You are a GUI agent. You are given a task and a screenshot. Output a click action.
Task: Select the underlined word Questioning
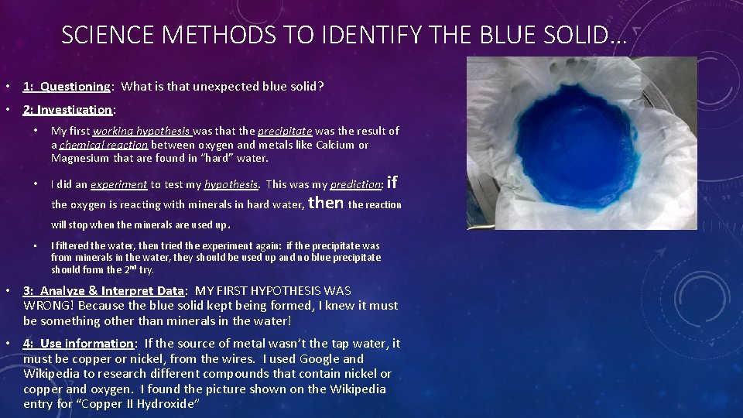(x=76, y=87)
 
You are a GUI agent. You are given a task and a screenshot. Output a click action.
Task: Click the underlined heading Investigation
(x=77, y=110)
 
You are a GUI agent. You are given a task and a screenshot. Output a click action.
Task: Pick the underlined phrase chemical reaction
(x=104, y=145)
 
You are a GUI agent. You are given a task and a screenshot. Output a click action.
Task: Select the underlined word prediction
(x=356, y=185)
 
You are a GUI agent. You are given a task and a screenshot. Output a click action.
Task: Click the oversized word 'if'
(x=392, y=183)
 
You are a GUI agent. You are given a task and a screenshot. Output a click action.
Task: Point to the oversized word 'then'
(x=326, y=203)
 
